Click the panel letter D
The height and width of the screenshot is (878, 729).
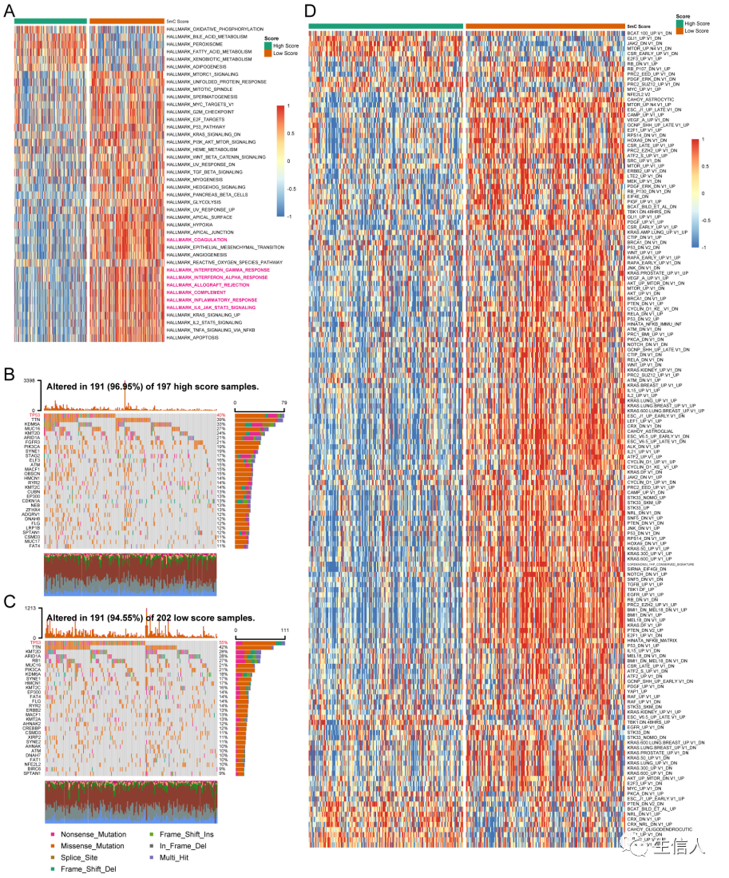point(310,11)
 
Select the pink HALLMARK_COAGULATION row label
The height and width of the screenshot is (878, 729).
point(196,240)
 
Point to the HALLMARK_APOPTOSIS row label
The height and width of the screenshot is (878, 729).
point(192,338)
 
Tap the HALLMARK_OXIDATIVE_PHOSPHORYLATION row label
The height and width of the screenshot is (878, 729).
point(215,29)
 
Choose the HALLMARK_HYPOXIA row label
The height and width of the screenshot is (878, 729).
point(189,225)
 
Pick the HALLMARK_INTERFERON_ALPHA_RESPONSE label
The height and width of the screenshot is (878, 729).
point(217,277)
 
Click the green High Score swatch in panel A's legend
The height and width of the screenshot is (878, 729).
point(268,46)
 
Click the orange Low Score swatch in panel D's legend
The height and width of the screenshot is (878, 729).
point(679,31)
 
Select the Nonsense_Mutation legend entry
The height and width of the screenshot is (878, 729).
point(93,834)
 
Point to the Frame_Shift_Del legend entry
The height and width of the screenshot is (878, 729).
point(88,869)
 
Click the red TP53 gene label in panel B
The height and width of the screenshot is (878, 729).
point(34,415)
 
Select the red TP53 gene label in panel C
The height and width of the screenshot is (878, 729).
point(34,642)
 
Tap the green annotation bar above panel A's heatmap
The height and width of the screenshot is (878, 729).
point(51,21)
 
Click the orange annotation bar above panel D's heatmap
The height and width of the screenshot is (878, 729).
point(545,26)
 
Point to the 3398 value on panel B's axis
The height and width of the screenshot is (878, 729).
point(29,381)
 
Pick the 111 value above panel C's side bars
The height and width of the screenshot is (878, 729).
point(285,630)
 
